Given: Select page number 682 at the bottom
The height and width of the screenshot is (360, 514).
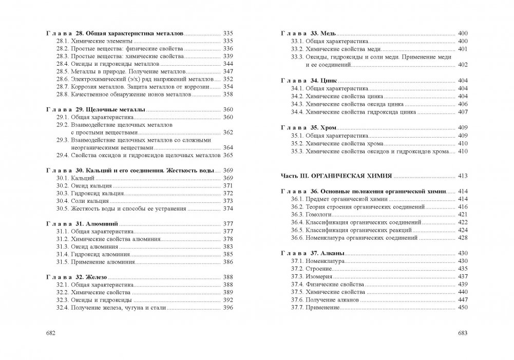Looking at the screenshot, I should (50, 333).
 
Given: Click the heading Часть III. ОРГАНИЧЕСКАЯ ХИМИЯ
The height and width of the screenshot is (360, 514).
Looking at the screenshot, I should (336, 176).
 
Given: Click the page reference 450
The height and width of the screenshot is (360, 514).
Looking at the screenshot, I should (462, 308).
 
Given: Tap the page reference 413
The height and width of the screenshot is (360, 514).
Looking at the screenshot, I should (462, 176).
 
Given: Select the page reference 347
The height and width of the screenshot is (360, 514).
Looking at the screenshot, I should (229, 71).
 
